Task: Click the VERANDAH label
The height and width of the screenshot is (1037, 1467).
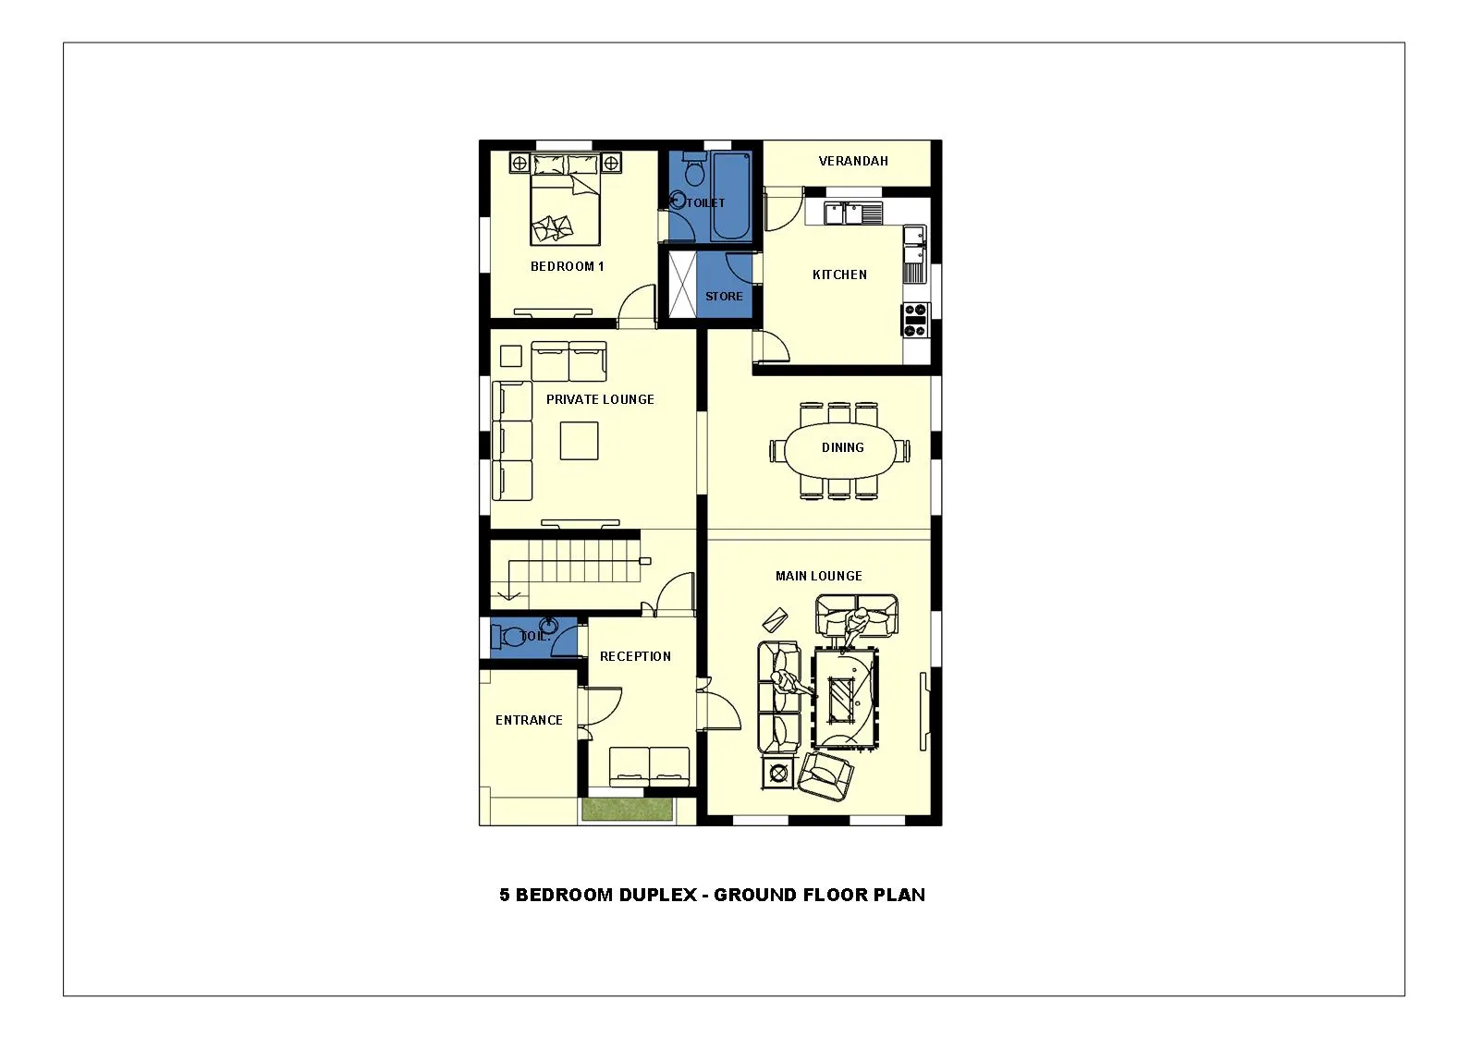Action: coord(852,161)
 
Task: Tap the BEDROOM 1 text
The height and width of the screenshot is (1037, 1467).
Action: coord(568,266)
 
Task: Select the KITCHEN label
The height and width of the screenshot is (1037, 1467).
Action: coord(839,275)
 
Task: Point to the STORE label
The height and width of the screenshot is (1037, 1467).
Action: coord(724,297)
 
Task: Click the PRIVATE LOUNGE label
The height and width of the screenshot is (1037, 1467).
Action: coord(600,399)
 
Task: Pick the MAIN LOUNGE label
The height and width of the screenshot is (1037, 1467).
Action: coord(819,576)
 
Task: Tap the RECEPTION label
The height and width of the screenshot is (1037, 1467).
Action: coord(635,656)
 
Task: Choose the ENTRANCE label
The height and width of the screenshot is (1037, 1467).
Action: coord(529,720)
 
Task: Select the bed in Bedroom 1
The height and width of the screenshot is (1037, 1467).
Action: coord(565,199)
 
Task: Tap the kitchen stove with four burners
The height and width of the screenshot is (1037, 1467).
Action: coord(915,320)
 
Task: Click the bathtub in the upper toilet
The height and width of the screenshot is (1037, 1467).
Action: coord(731,196)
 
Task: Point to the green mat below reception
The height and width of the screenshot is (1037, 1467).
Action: coord(628,809)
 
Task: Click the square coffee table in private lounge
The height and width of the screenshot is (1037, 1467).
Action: coord(579,441)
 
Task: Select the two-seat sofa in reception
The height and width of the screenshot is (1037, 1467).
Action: coord(649,766)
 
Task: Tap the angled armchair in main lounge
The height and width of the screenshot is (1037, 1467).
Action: coord(825,775)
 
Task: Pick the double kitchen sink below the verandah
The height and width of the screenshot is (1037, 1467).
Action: coord(844,213)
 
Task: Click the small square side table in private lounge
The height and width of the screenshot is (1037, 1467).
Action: coord(511,357)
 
